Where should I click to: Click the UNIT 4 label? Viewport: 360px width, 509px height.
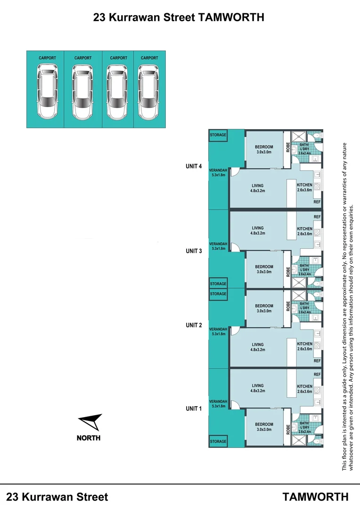[194, 166]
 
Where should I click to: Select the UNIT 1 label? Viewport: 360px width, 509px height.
[194, 409]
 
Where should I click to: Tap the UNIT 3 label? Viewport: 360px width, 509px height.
[194, 251]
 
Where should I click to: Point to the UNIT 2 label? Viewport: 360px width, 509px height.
[194, 325]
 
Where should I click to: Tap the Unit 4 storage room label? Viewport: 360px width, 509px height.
[218, 135]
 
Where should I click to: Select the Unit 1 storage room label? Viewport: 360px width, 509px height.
[218, 442]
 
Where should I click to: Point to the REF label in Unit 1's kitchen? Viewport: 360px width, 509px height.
[317, 374]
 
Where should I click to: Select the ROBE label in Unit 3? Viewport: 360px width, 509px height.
[287, 272]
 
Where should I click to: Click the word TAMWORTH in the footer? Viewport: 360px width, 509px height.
[316, 497]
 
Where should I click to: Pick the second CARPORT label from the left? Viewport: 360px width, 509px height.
[83, 58]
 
